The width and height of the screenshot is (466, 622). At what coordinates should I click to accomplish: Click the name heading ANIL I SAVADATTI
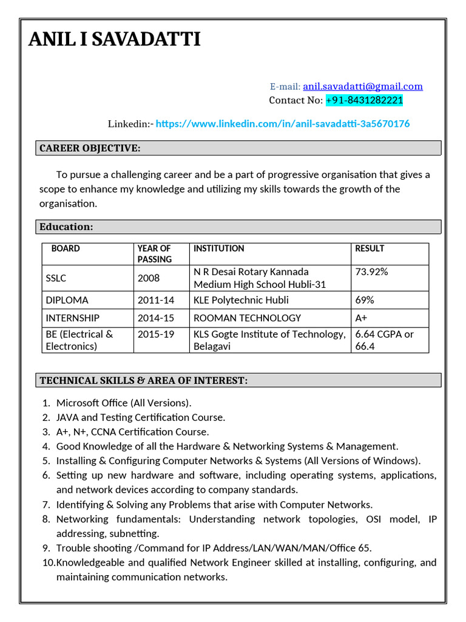115,40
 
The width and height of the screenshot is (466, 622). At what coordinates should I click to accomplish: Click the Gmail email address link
363,86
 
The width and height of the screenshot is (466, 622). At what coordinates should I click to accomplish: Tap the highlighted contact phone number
364,100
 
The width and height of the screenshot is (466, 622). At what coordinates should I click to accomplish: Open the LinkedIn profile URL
283,124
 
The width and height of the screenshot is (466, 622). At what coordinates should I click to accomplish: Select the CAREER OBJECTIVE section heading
90,148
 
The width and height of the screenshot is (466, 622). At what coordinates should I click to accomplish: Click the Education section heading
66,227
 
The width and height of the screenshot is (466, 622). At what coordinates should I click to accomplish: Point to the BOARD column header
66,248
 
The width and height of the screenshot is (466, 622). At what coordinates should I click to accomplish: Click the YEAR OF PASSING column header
154,253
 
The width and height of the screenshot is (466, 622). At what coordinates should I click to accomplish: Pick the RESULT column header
370,248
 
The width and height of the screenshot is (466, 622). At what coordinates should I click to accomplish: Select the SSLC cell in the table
56,278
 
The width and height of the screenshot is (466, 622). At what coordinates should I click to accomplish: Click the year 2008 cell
149,278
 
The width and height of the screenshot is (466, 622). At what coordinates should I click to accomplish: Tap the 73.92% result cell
371,272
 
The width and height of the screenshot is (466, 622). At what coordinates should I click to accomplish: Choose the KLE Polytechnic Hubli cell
241,300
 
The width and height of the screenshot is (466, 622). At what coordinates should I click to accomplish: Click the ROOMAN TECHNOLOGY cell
247,318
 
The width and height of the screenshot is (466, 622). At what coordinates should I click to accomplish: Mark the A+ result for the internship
361,318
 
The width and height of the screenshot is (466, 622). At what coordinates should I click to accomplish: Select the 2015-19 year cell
156,334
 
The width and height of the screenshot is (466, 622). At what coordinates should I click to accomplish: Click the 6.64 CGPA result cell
384,340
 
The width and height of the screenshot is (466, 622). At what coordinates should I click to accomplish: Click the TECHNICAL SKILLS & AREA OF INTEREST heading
143,380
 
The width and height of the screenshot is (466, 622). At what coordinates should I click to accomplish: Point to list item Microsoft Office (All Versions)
124,403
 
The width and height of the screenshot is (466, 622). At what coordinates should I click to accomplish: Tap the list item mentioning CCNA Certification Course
132,432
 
